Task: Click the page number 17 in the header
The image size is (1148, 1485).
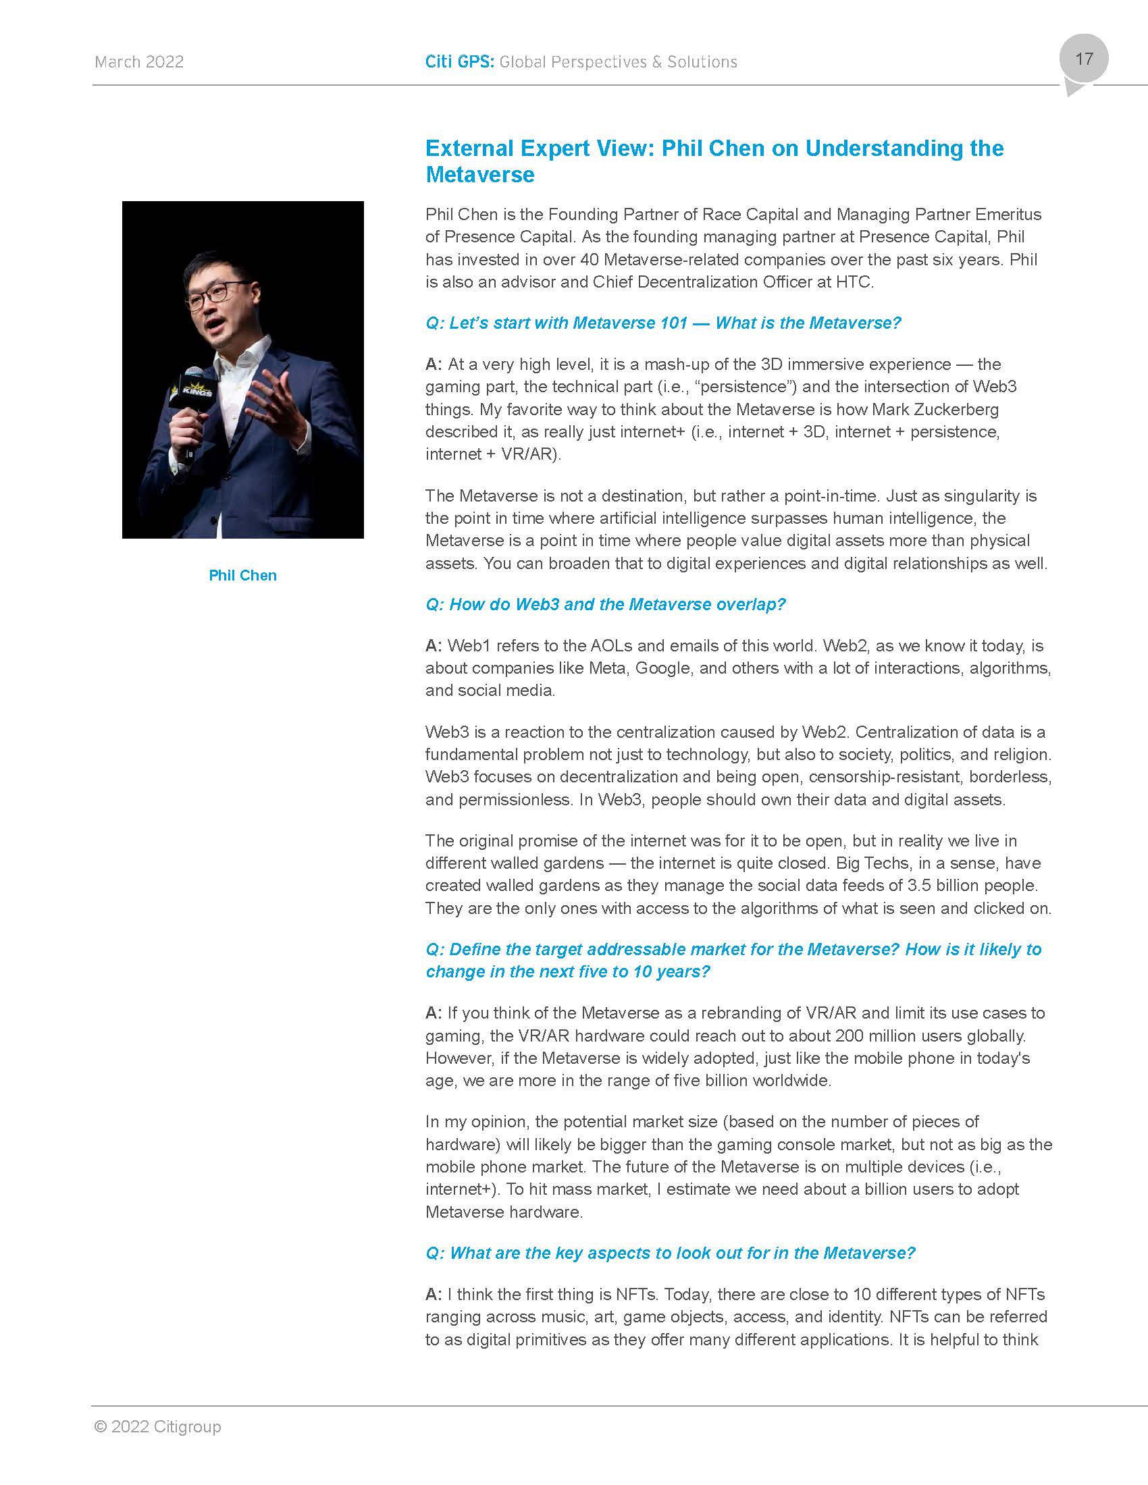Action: tap(1084, 59)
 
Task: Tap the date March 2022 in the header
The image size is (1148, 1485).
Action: tap(139, 62)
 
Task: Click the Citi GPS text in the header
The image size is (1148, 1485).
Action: tap(459, 62)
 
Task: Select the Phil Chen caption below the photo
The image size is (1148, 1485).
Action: tap(243, 575)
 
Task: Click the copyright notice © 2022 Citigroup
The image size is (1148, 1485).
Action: tap(158, 1426)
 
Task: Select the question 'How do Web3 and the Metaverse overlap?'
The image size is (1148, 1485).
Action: tap(605, 605)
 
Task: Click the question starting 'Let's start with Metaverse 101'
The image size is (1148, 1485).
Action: tap(663, 323)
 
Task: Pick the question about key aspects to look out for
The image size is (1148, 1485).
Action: tap(671, 1252)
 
